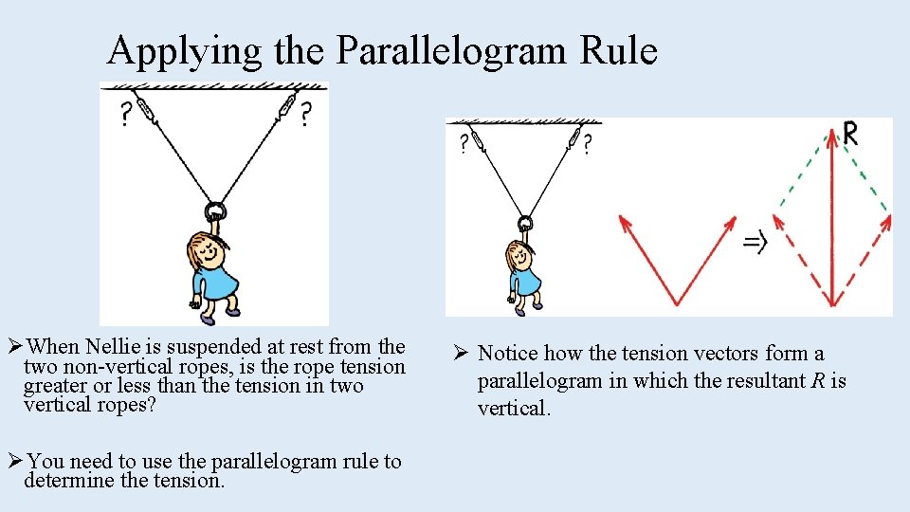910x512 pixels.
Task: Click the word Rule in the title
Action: click(622, 51)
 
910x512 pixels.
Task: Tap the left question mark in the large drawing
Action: click(124, 115)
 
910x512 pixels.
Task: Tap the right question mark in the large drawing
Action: click(304, 115)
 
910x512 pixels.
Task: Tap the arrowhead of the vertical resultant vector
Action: click(831, 138)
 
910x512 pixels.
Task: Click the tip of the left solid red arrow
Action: click(623, 219)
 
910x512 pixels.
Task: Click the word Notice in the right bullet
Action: click(508, 354)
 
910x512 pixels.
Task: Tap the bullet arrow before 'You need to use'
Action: click(14, 462)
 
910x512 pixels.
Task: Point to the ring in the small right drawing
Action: click(524, 225)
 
